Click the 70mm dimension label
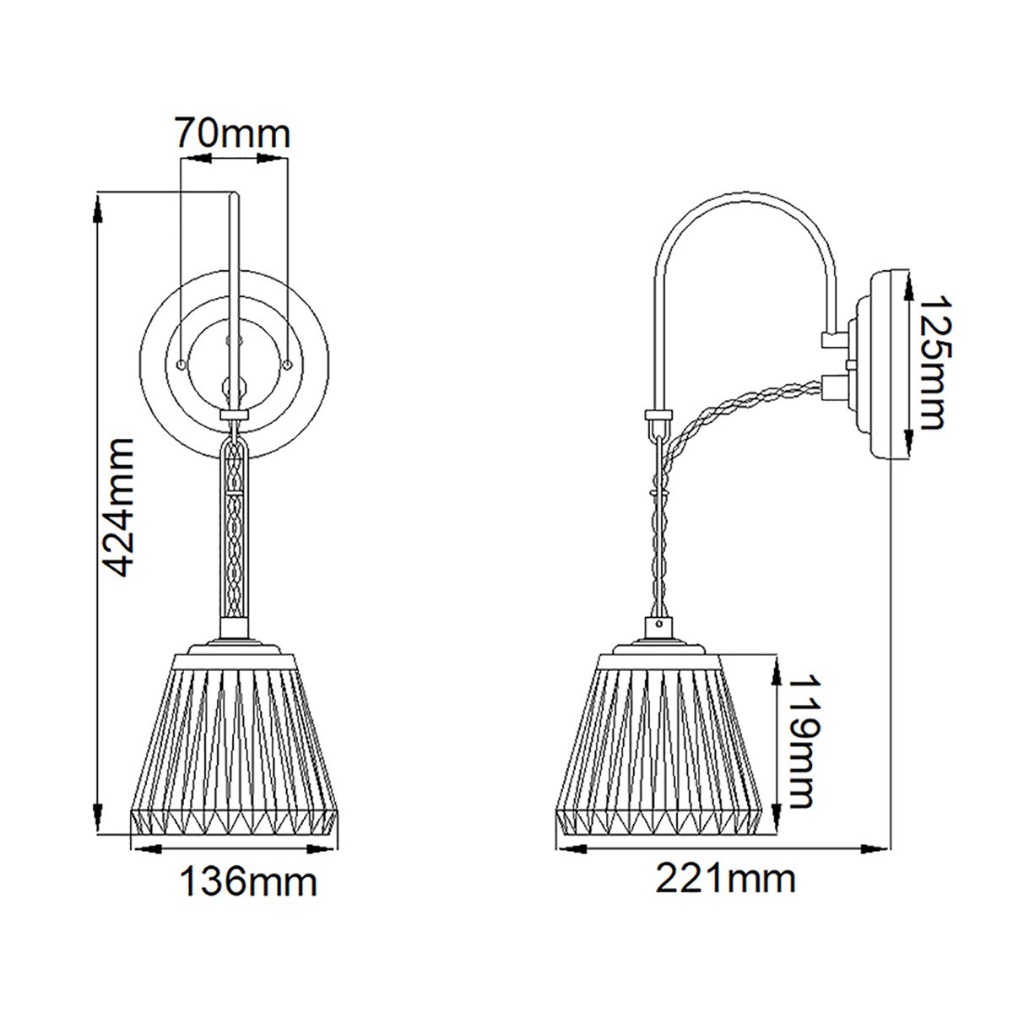click(232, 133)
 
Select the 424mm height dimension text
click(116, 506)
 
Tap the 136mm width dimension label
click(247, 882)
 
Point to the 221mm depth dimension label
click(726, 879)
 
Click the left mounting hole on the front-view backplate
click(182, 363)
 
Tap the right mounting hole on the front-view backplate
click(288, 363)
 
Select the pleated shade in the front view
click(235, 743)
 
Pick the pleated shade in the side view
click(659, 743)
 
